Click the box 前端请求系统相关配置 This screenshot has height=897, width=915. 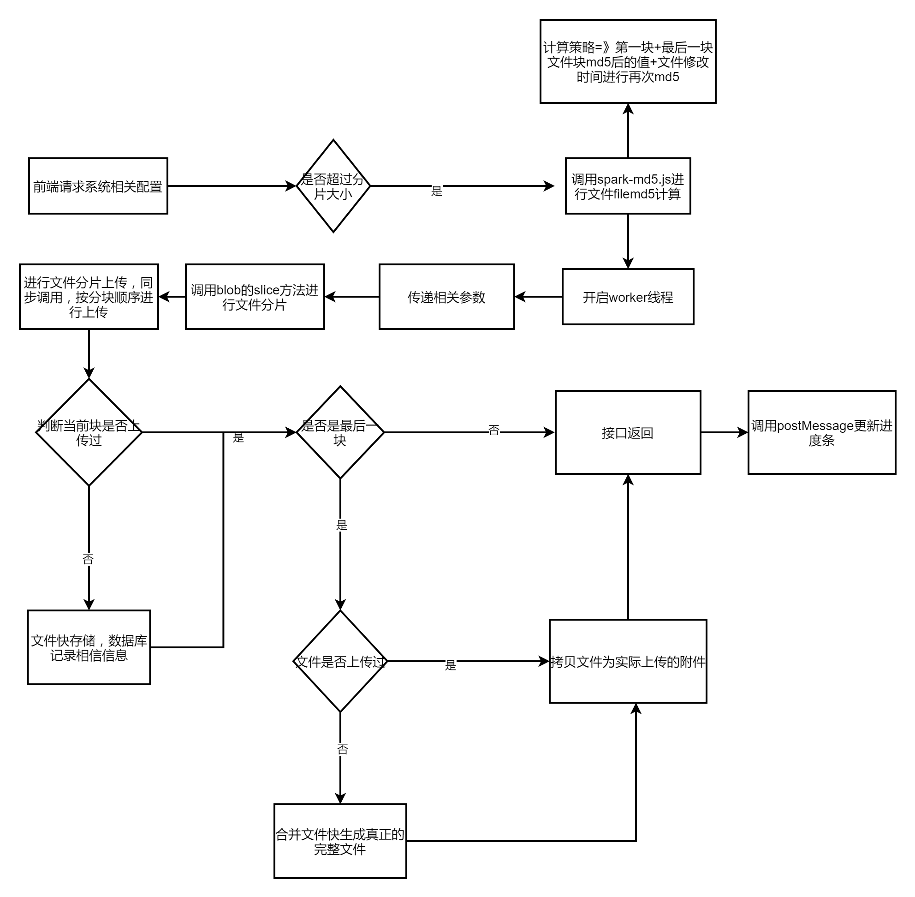tap(98, 186)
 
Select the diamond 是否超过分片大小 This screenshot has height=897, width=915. tap(333, 186)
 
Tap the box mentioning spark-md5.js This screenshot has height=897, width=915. tap(628, 186)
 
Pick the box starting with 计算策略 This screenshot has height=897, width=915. tap(628, 61)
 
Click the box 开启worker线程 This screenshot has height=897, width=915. tap(628, 297)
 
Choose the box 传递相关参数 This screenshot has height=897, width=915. tap(446, 297)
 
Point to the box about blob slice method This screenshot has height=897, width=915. tap(255, 297)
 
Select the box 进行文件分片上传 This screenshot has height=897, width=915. tap(89, 297)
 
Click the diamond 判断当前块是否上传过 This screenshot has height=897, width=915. tap(89, 432)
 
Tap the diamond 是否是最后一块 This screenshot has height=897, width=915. tap(340, 432)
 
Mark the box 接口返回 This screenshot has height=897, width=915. tap(628, 432)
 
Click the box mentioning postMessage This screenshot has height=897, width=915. tap(822, 432)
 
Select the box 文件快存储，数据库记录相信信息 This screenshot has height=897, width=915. tap(89, 647)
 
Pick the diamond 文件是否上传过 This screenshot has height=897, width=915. tap(340, 661)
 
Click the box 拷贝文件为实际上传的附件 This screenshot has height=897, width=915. tap(628, 661)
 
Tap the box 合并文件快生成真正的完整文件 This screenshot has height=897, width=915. tap(340, 842)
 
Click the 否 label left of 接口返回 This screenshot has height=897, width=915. tap(493, 430)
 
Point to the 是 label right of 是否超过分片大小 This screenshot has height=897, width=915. tap(437, 191)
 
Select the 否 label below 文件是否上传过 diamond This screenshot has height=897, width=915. tap(342, 749)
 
